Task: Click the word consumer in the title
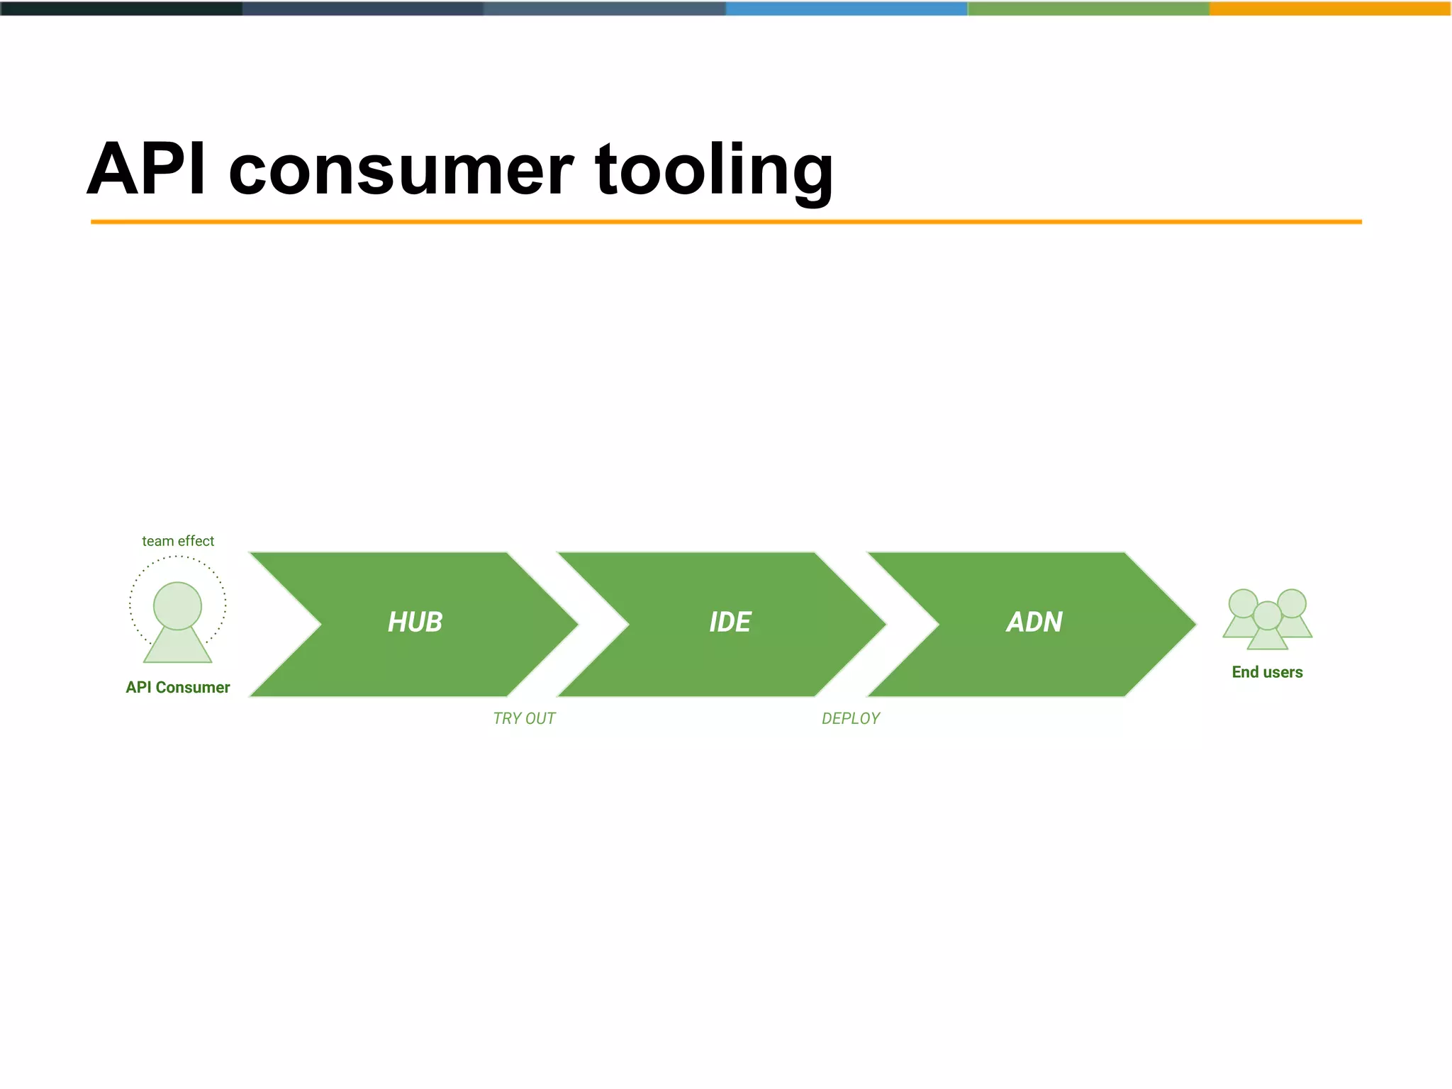pyautogui.click(x=401, y=170)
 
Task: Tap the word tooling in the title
pyautogui.click(x=714, y=170)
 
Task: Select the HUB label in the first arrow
pyautogui.click(x=415, y=622)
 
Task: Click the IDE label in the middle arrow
pyautogui.click(x=730, y=622)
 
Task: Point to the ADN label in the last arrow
pyautogui.click(x=1034, y=622)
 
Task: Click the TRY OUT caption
pyautogui.click(x=524, y=718)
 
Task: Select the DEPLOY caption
pyautogui.click(x=850, y=718)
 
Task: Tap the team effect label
pyautogui.click(x=178, y=541)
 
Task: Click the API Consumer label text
pyautogui.click(x=178, y=687)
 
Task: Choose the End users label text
pyautogui.click(x=1267, y=671)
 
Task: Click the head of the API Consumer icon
pyautogui.click(x=177, y=605)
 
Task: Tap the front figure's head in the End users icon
pyautogui.click(x=1267, y=615)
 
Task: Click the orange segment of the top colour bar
pyautogui.click(x=1330, y=9)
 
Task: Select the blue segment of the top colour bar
pyautogui.click(x=847, y=9)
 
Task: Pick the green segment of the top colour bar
pyautogui.click(x=1088, y=9)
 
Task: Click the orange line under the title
pyautogui.click(x=726, y=222)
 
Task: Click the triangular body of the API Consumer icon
pyautogui.click(x=177, y=647)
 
